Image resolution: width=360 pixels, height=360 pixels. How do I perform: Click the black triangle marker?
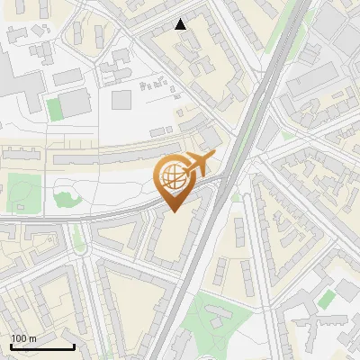[181, 24]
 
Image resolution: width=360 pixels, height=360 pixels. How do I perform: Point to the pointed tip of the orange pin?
[173, 211]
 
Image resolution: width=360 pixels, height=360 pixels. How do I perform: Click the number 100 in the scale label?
[19, 338]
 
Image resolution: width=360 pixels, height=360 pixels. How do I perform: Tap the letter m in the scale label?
[32, 338]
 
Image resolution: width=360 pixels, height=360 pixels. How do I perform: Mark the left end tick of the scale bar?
[11, 346]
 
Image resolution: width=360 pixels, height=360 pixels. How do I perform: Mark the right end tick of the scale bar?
[74, 346]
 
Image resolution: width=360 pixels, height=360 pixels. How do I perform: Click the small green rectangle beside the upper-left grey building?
[55, 109]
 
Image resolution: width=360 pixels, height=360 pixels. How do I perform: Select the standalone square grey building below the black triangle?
[121, 99]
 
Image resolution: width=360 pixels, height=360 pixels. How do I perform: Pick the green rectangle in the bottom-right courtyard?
[327, 298]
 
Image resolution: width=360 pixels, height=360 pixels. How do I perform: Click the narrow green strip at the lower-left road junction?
[78, 238]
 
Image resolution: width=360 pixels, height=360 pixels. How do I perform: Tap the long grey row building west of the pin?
[108, 156]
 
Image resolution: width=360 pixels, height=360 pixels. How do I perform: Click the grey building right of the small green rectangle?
[76, 101]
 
